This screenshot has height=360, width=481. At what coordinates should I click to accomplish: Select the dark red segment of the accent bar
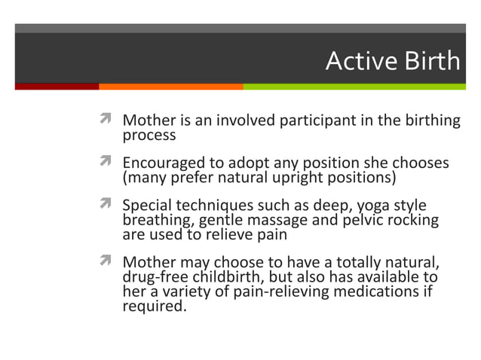57,87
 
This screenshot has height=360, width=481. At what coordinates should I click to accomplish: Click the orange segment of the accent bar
170,87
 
